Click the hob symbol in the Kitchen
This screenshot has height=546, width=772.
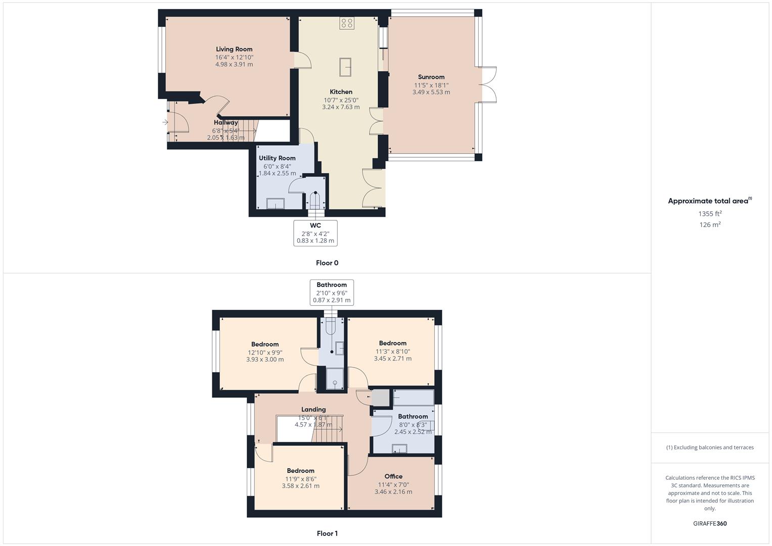tap(347, 23)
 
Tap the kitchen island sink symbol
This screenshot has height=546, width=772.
tap(346, 67)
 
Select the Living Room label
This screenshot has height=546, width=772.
tap(234, 49)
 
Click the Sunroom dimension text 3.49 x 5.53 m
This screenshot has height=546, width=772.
tap(431, 93)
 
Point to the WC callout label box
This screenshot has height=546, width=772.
tap(315, 233)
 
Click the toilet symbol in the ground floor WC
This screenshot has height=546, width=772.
tap(316, 200)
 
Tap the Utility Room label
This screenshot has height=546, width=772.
tap(277, 158)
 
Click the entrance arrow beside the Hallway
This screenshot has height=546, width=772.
tap(165, 122)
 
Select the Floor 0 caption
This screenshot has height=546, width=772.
tap(327, 263)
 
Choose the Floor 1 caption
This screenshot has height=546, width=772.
tap(327, 533)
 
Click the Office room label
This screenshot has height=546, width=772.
tap(393, 476)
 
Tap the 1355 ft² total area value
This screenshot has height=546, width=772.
tap(710, 214)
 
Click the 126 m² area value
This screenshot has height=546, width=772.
tap(710, 225)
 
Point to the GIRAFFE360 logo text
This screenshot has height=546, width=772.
tap(710, 524)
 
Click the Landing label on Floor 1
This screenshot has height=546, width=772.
tap(313, 409)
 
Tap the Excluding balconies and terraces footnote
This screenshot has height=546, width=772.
tap(710, 447)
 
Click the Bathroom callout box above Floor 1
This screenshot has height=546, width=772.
tap(332, 292)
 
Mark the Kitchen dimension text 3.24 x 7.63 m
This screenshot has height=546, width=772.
tap(341, 107)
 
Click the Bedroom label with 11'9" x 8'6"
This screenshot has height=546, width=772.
tap(300, 471)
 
